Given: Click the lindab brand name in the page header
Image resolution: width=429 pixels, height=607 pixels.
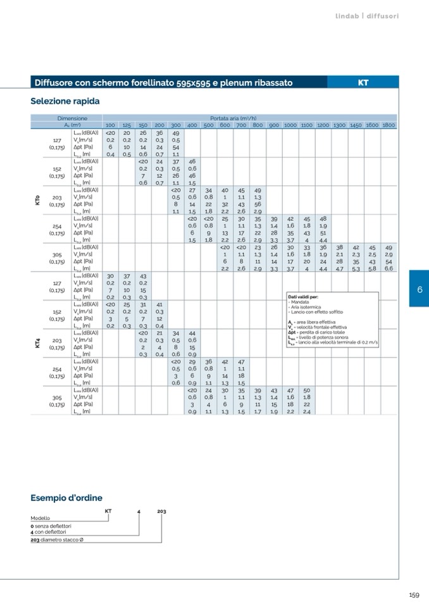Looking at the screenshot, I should pyautogui.click(x=347, y=16).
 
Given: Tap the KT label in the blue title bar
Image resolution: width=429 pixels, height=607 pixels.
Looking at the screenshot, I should pyautogui.click(x=363, y=82).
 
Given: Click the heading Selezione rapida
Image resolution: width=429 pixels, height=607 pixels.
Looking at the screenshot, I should pyautogui.click(x=65, y=101).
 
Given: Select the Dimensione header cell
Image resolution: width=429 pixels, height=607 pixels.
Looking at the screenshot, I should pyautogui.click(x=71, y=118).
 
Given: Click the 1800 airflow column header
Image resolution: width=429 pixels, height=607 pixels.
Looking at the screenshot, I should pyautogui.click(x=389, y=125).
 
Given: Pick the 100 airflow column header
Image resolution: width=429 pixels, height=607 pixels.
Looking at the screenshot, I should pyautogui.click(x=110, y=125).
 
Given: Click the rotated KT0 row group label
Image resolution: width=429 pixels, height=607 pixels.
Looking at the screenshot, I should pyautogui.click(x=37, y=201).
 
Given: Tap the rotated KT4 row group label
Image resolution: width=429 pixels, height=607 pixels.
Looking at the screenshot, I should pyautogui.click(x=37, y=344).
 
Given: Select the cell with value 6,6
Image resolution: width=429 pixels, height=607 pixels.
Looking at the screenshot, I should pyautogui.click(x=389, y=268).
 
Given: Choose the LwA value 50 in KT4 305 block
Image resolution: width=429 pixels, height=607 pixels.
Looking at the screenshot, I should pyautogui.click(x=307, y=391).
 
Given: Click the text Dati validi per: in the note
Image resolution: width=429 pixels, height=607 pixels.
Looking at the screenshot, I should pyautogui.click(x=303, y=296).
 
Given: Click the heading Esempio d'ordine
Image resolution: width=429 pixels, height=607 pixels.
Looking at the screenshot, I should pyautogui.click(x=66, y=498).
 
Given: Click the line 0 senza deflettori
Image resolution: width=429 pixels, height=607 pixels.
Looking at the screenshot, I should pyautogui.click(x=51, y=526).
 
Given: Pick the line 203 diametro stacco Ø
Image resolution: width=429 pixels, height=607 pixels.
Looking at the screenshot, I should pyautogui.click(x=57, y=540).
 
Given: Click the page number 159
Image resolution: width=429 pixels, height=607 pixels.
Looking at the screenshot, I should pyautogui.click(x=414, y=595).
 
